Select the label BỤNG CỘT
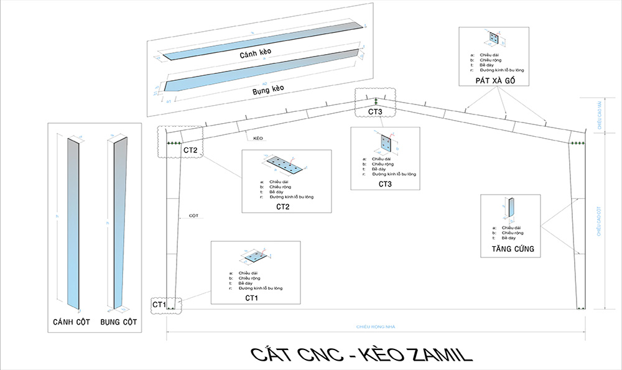point(119,323)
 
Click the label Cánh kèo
point(256,54)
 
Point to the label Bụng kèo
point(268,90)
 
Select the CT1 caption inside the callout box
point(251,298)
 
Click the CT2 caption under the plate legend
point(283,206)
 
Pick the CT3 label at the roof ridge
point(375,111)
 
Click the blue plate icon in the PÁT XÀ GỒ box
point(494,39)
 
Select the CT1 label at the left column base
point(159,304)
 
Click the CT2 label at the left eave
point(190,150)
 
